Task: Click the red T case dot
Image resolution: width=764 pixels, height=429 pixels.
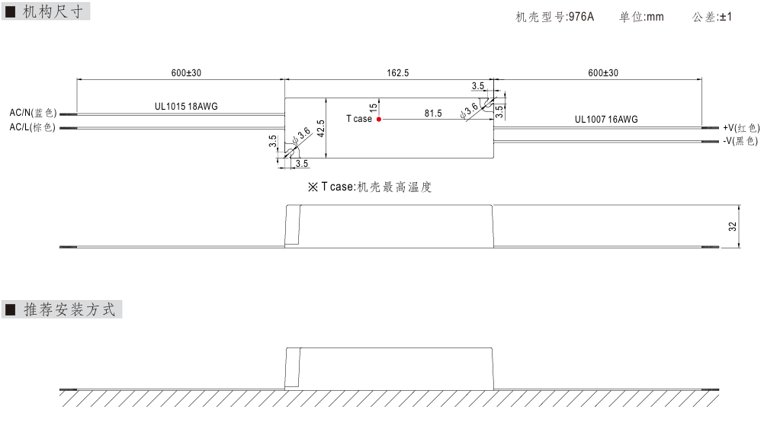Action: [379, 120]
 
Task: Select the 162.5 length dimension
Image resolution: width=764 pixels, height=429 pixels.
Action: [397, 73]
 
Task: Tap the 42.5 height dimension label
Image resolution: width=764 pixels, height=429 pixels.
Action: [320, 129]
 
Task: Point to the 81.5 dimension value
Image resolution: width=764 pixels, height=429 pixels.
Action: [432, 114]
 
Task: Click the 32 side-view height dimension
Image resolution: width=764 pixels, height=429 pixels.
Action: [732, 226]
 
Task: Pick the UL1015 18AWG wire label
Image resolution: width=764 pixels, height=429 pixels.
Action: [186, 106]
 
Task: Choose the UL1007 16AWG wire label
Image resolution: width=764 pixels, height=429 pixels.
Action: [606, 120]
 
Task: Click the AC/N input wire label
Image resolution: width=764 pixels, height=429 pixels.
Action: [33, 113]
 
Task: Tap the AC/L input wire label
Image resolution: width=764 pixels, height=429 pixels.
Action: [32, 127]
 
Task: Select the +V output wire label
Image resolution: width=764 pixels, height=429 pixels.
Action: [741, 127]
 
